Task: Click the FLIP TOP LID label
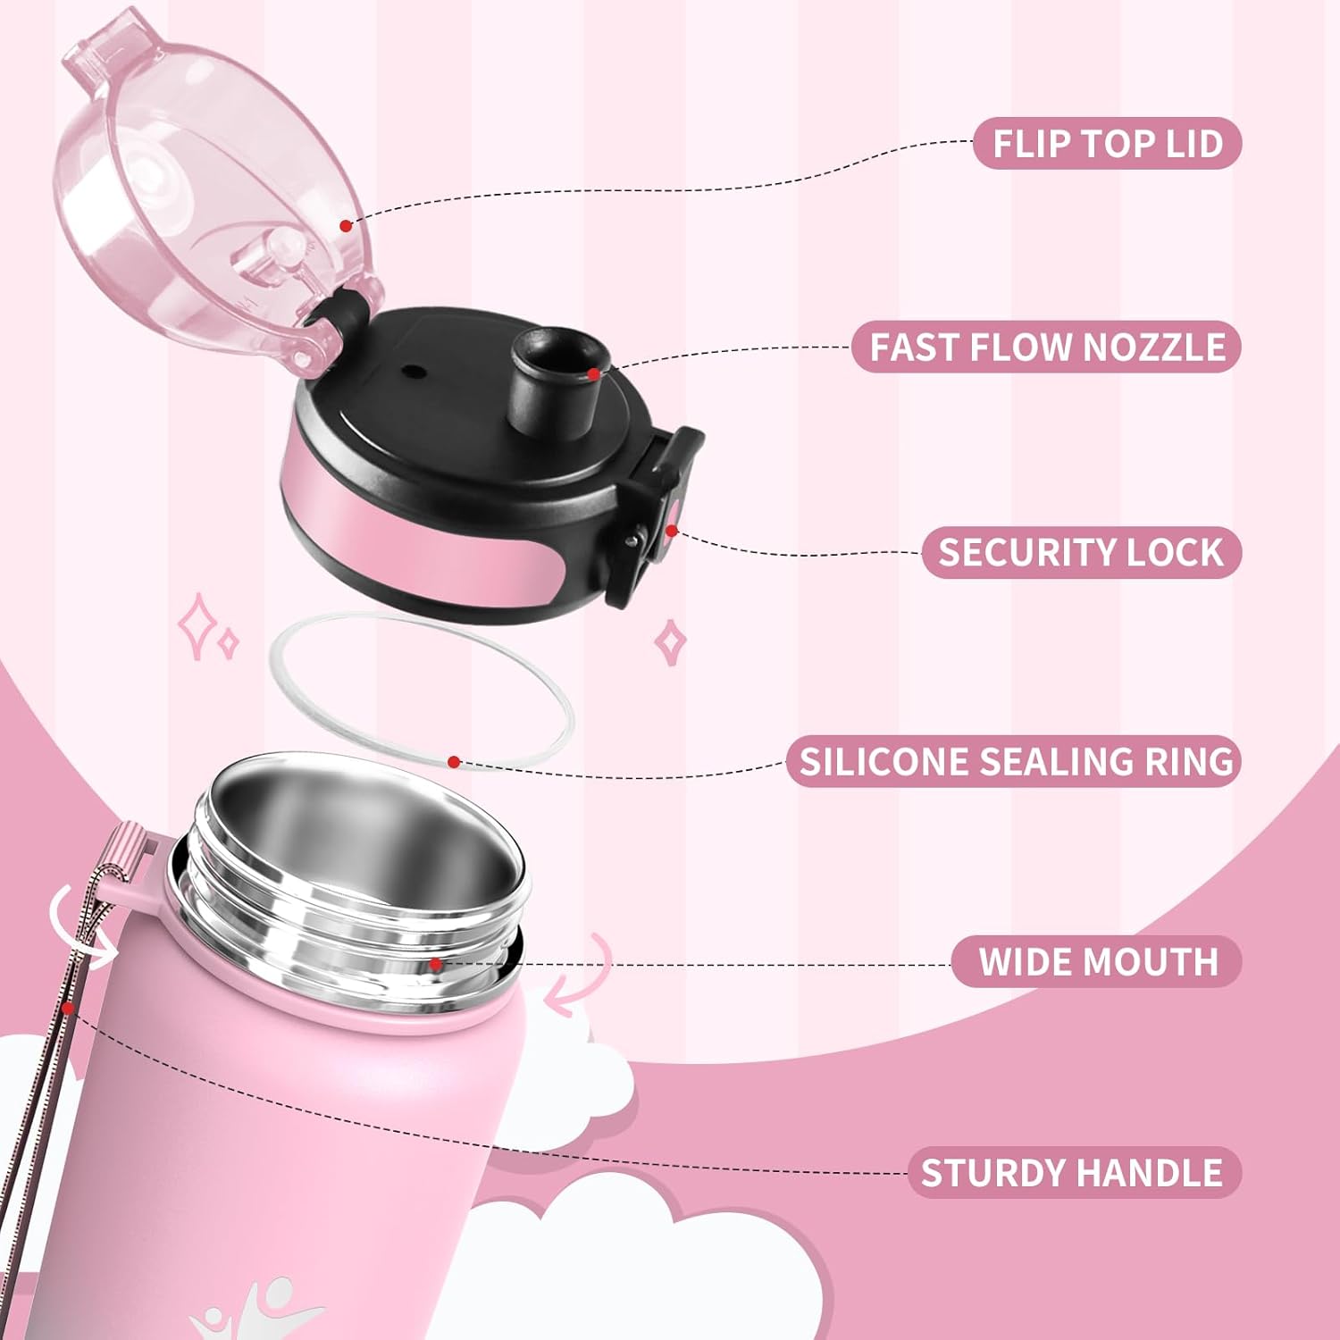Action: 1107,143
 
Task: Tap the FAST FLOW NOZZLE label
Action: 1046,347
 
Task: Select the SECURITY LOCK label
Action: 1081,552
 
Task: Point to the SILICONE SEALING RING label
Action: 1015,761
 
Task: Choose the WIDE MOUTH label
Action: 1097,961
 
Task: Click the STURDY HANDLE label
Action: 1075,1172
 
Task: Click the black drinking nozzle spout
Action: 559,375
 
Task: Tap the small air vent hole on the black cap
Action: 412,369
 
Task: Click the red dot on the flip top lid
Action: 347,226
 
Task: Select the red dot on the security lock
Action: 671,531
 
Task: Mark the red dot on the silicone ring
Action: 454,762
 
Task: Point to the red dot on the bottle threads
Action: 435,964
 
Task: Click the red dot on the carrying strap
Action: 68,1007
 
